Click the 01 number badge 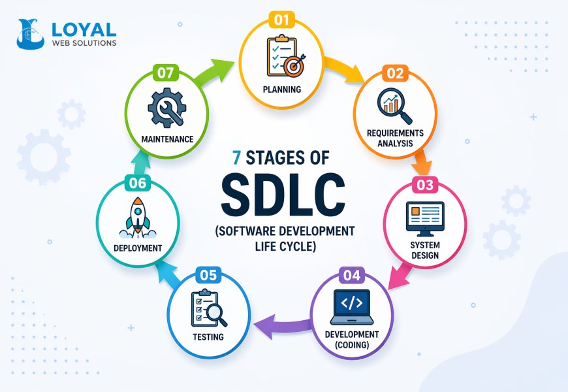pos(281,20)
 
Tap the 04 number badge pos(351,275)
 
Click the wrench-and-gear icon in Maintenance pos(167,107)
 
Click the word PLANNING pos(281,90)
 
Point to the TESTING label pos(208,337)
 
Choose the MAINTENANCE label pos(167,139)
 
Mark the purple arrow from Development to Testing pos(281,321)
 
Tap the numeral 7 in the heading pos(237,158)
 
